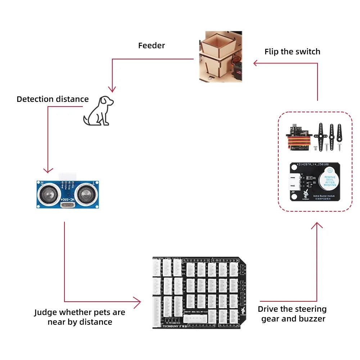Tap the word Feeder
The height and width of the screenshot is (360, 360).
[x=152, y=46]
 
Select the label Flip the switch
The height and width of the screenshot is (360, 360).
[x=292, y=51]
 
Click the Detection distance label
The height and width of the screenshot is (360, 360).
[x=53, y=99]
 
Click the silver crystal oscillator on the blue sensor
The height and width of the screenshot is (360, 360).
[x=68, y=206]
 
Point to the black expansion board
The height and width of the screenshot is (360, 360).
[x=199, y=292]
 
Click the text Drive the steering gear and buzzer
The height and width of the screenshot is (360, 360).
[x=292, y=314]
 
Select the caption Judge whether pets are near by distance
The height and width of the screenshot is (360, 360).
[x=80, y=317]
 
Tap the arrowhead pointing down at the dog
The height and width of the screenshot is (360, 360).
[x=113, y=89]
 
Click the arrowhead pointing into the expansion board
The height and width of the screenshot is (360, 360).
[x=137, y=302]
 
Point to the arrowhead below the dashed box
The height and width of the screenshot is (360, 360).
[x=317, y=226]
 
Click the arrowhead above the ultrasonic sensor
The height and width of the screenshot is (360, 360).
[x=48, y=170]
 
